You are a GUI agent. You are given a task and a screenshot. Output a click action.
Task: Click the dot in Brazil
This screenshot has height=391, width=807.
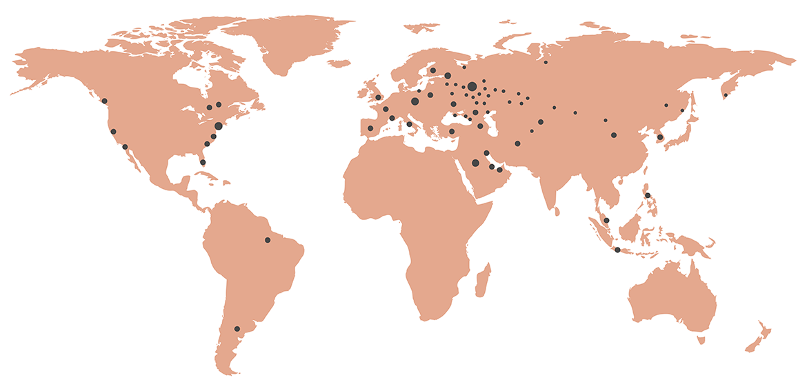(x=268, y=240)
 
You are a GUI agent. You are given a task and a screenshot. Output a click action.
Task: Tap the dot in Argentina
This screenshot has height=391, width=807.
(x=237, y=329)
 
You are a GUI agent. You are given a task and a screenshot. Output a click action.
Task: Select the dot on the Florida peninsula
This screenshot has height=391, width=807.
(x=203, y=162)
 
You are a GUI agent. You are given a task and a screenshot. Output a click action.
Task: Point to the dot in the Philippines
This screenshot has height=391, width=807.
(x=647, y=195)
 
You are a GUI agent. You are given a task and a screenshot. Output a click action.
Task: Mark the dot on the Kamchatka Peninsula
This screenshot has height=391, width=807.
(x=725, y=95)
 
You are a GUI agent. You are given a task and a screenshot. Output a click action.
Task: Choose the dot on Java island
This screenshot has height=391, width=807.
(x=617, y=250)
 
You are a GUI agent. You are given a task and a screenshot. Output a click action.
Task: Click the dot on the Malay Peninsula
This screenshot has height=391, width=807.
(x=606, y=220)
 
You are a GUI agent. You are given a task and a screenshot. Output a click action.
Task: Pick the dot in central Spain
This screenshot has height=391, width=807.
(x=370, y=128)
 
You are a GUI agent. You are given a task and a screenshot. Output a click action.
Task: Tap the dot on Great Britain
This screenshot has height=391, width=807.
(x=378, y=98)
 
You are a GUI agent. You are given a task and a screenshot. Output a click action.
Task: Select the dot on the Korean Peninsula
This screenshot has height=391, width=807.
(x=660, y=137)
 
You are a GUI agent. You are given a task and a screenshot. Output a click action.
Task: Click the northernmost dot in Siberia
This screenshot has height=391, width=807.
(x=546, y=63)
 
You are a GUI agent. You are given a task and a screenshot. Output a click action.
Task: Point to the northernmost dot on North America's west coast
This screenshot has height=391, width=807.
(x=105, y=101)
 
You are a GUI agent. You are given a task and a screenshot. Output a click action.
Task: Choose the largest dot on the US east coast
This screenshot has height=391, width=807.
(x=218, y=126)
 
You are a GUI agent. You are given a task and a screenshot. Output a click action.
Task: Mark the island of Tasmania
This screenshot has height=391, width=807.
(x=701, y=339)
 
